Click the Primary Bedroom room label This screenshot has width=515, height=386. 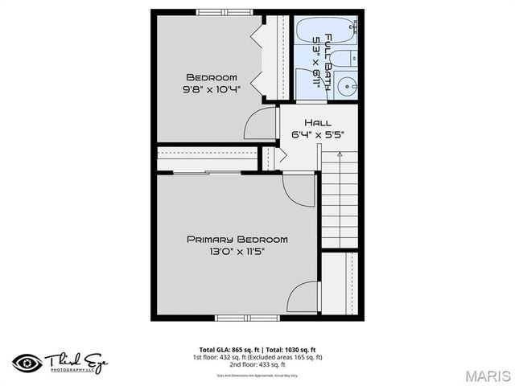point(237,239)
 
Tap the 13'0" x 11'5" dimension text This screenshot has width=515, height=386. point(237,251)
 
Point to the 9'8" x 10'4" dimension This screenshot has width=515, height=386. point(212,89)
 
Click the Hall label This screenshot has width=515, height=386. point(317,122)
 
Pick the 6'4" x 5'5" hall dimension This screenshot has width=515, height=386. point(317,134)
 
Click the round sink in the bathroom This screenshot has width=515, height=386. point(348,84)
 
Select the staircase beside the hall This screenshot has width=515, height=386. point(339,201)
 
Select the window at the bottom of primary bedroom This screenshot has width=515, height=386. point(246,318)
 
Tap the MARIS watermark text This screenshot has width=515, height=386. point(486,374)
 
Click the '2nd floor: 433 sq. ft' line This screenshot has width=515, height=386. point(257,364)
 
